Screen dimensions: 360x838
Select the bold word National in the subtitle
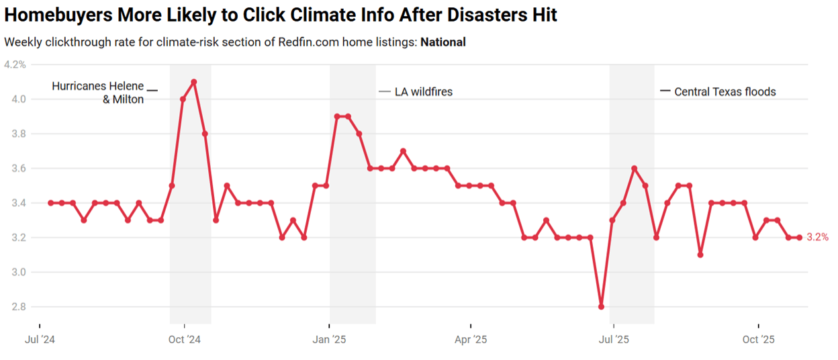pos(443,42)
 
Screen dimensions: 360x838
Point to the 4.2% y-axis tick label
pos(15,64)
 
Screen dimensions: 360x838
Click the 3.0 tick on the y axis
pos(18,272)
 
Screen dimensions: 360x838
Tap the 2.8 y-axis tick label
pos(18,307)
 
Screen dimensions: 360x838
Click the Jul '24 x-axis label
pos(40,339)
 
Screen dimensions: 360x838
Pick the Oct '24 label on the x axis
pos(185,339)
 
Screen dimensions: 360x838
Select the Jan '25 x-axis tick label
pos(330,339)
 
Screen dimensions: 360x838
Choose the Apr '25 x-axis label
pos(471,339)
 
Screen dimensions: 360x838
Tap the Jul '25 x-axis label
pos(614,339)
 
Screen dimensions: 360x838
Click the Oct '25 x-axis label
pos(759,339)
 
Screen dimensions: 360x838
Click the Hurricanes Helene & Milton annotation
pos(98,93)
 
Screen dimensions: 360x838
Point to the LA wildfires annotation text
pos(424,91)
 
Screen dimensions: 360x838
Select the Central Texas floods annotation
pos(725,91)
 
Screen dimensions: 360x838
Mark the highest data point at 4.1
pos(194,82)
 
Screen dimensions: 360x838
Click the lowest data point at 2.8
pos(601,307)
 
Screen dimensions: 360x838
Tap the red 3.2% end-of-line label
pos(818,237)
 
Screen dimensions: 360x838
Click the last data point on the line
pos(799,237)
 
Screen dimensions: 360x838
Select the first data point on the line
pos(51,203)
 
